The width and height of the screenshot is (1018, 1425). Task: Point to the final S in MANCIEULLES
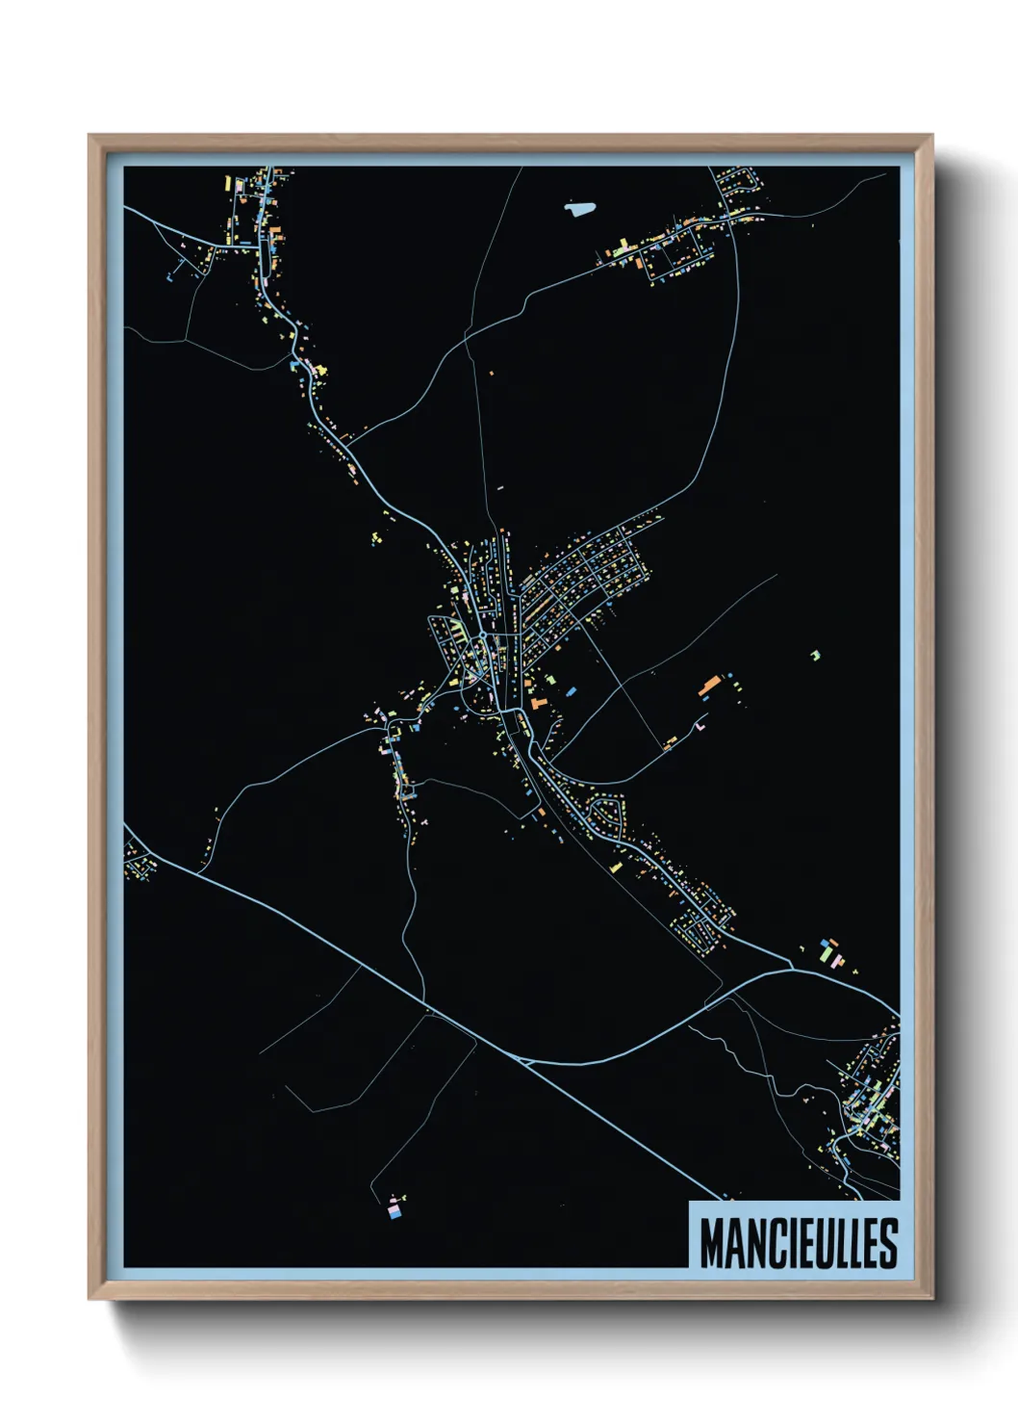[x=887, y=1243]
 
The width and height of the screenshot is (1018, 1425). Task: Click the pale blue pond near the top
[x=579, y=207]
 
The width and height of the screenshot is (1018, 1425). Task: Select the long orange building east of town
[x=709, y=685]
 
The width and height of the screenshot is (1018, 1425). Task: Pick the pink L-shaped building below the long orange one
[x=700, y=722]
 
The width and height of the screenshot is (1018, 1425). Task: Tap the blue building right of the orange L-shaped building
[x=571, y=691]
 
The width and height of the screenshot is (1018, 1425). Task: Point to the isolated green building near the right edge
[x=815, y=655]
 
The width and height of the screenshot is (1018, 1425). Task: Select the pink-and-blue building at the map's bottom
[x=394, y=1207]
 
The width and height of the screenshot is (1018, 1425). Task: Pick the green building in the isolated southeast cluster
[x=825, y=952]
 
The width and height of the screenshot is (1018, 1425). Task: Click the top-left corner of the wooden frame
[x=89, y=136]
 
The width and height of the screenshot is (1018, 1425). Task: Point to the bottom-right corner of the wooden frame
[x=931, y=1298]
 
